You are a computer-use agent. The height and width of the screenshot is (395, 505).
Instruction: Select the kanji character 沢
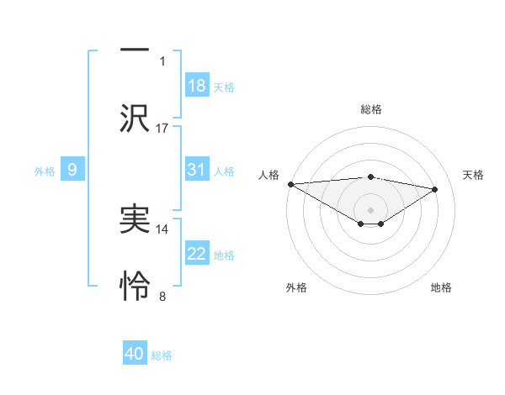click(135, 118)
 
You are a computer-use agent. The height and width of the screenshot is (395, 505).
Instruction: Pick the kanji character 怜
click(135, 287)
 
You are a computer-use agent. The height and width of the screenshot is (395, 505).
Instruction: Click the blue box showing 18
click(197, 86)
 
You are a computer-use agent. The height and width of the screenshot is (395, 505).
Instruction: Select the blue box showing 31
click(197, 170)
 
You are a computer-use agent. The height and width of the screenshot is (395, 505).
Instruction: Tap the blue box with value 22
click(197, 254)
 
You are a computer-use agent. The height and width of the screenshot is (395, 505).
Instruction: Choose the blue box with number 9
click(72, 170)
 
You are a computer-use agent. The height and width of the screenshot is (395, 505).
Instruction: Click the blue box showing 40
click(135, 355)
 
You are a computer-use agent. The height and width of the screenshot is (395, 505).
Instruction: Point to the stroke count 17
click(162, 128)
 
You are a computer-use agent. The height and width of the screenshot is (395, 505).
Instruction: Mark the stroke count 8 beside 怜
click(162, 296)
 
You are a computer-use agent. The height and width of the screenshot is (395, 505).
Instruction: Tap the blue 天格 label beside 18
click(224, 87)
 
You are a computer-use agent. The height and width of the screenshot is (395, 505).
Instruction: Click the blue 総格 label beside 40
click(162, 355)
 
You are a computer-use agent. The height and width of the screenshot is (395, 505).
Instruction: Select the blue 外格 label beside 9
click(45, 171)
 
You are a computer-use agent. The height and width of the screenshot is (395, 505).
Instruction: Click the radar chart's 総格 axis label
click(371, 109)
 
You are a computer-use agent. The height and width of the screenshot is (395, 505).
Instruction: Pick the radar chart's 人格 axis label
click(268, 175)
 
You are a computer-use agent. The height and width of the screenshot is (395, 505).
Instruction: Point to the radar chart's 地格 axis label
click(441, 288)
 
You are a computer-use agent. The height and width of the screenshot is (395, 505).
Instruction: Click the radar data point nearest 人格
click(290, 184)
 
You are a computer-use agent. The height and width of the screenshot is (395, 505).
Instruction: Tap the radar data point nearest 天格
click(435, 189)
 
